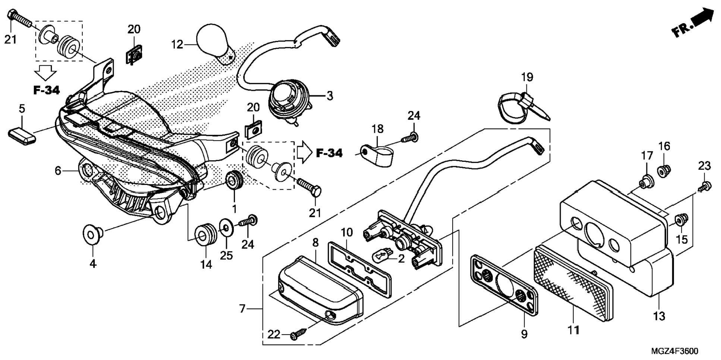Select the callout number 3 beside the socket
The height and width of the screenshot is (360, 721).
[330, 96]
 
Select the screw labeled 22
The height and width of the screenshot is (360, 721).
[299, 336]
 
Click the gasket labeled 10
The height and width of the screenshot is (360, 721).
[359, 269]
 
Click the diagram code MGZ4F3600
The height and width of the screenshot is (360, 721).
[675, 351]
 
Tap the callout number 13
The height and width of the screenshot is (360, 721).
[659, 316]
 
